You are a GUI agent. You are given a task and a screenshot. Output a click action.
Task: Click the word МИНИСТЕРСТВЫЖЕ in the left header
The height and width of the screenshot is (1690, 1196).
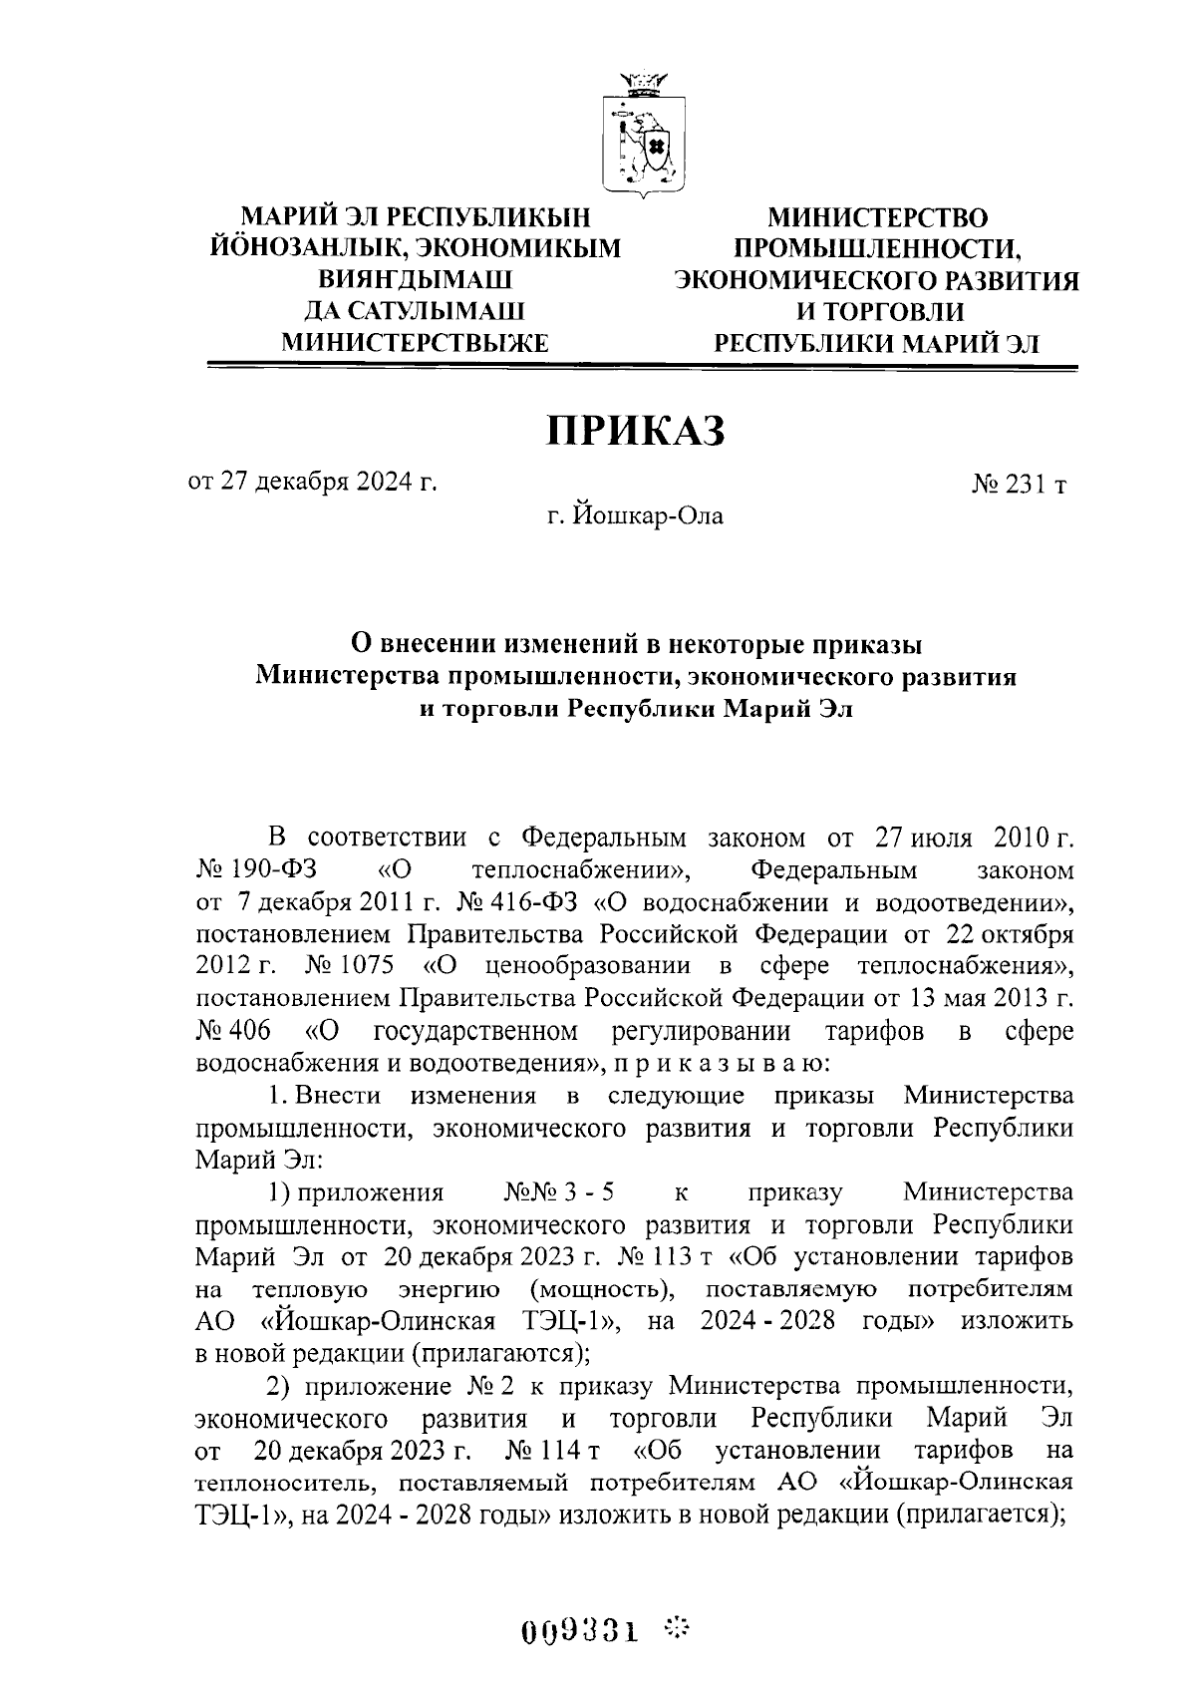(x=416, y=344)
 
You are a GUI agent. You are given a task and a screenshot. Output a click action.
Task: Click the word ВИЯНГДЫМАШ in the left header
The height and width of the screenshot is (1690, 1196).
(x=416, y=280)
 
